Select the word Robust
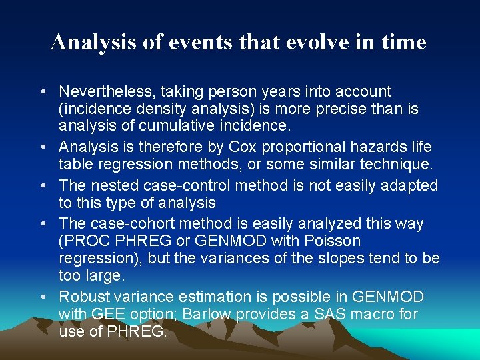click(83, 296)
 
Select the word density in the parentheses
click(149, 109)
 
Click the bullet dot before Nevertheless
click(43, 92)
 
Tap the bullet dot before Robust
click(43, 297)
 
